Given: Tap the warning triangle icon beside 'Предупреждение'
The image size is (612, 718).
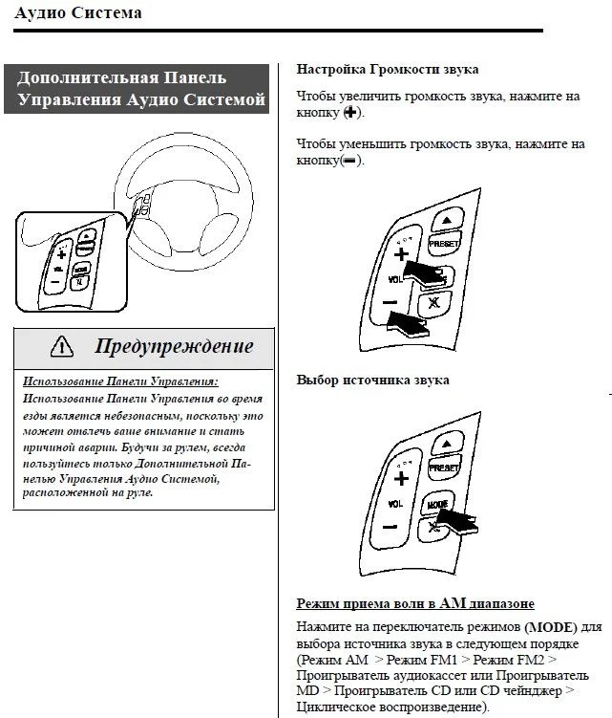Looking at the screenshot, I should point(62,345).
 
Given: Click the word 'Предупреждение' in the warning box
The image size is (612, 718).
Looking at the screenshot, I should point(174,345).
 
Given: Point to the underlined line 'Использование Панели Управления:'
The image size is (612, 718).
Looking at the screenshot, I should point(120,381).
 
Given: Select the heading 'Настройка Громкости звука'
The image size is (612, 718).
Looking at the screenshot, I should point(388,70).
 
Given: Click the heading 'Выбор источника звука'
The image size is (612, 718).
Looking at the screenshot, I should point(372,380).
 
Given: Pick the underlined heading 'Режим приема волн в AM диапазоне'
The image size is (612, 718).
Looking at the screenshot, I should point(415,604).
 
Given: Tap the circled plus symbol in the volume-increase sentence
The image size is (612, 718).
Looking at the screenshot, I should point(351,113).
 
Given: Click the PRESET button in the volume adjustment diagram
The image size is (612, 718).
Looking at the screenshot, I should point(443,245).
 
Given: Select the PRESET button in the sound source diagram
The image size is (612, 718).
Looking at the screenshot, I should point(443,469).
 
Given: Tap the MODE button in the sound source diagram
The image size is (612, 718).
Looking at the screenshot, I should point(438,503).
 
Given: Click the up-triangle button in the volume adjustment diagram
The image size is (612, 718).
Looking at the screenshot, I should point(447,219).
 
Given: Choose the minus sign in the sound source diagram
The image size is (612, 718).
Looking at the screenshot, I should point(389,527).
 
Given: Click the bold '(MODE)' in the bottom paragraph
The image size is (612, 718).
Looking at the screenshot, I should point(551,627).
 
